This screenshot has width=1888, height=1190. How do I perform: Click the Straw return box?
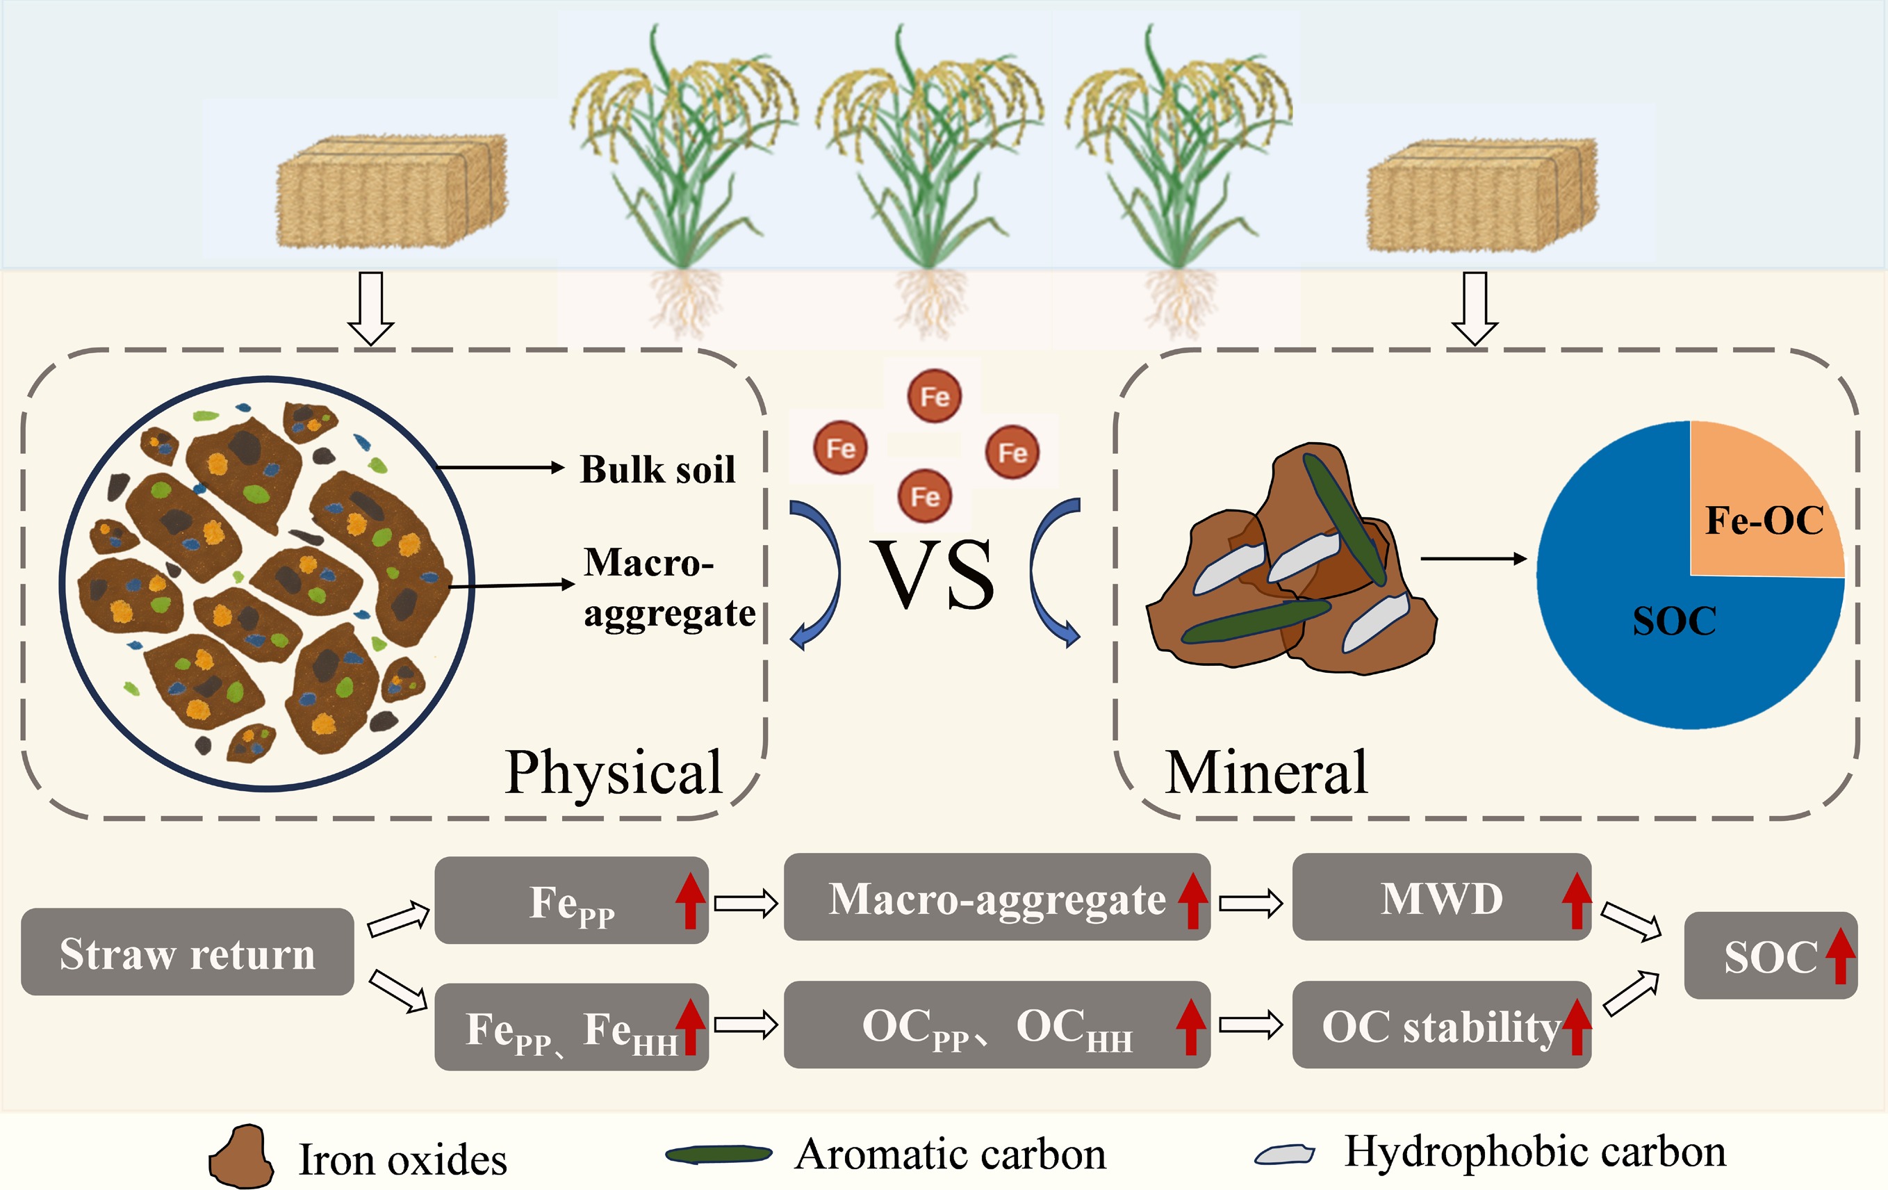point(188,952)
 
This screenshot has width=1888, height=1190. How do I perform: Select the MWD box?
point(1441,897)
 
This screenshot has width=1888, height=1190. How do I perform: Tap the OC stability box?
point(1441,1025)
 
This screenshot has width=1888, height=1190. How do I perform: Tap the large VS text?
point(935,574)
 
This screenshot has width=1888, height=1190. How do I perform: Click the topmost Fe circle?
point(934,396)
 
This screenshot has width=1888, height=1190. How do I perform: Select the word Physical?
point(613,774)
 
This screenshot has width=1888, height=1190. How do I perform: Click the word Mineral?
point(1266,773)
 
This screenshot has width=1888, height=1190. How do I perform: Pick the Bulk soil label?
point(658,469)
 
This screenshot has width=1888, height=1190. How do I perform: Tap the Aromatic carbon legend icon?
point(719,1154)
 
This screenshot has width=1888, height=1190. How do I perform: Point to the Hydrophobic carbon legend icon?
point(1284,1154)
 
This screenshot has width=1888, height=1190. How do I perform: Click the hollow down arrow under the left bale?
point(371,309)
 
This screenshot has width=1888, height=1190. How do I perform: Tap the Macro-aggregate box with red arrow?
point(997,897)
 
